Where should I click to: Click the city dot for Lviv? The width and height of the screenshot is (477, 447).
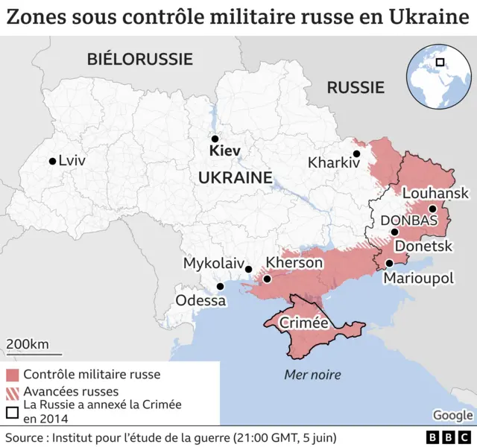[52, 161]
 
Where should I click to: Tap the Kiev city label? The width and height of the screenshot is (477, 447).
[224, 151]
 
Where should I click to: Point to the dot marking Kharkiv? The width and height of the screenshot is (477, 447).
[357, 154]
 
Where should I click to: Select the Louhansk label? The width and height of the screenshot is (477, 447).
[435, 193]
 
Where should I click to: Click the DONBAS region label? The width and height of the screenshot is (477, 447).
[408, 221]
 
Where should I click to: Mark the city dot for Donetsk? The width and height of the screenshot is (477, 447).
[394, 232]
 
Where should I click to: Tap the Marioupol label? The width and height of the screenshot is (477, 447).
[418, 278]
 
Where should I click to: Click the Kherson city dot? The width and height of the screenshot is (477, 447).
[266, 279]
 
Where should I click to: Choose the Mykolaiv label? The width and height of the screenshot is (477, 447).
[214, 263]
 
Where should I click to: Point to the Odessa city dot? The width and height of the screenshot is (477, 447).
[220, 286]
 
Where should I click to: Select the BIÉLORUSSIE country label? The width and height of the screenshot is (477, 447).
[139, 59]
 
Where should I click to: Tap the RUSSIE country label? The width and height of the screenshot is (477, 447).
[356, 87]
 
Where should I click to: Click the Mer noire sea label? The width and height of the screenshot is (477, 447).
[312, 374]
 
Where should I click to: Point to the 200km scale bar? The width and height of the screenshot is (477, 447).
[28, 352]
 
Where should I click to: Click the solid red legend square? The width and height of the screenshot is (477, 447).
[12, 375]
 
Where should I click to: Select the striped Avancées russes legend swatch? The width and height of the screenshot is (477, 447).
[12, 392]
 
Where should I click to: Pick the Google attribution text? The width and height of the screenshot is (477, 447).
[452, 415]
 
